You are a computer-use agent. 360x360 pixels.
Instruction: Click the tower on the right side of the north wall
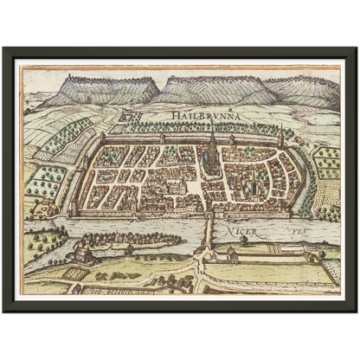point(280,136)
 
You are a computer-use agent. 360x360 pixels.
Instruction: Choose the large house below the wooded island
point(84,254)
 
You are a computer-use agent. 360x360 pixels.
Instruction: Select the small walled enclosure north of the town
point(129,114)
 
